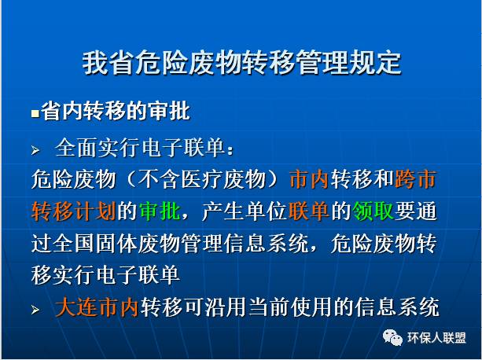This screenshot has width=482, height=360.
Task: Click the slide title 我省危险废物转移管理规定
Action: pyautogui.click(x=242, y=63)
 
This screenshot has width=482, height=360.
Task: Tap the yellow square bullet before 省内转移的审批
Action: pyautogui.click(x=35, y=114)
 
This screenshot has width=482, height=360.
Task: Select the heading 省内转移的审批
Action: pyautogui.click(x=116, y=111)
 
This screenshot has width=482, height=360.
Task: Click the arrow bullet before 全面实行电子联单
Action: pyautogui.click(x=35, y=150)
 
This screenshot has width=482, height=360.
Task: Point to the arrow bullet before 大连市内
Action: pyautogui.click(x=35, y=310)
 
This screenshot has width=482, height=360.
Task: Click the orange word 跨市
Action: pyautogui.click(x=416, y=179)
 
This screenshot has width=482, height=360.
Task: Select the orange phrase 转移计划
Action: pyautogui.click(x=73, y=211)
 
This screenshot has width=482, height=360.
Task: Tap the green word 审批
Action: pyautogui.click(x=160, y=211)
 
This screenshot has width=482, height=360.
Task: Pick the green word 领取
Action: pyautogui.click(x=373, y=211)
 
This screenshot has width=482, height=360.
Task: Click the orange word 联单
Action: pyautogui.click(x=309, y=211)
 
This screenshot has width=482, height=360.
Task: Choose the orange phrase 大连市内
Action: pyautogui.click(x=97, y=307)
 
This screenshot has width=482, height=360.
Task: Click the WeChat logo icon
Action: pyautogui.click(x=392, y=337)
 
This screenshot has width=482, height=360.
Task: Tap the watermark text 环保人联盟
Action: pyautogui.click(x=436, y=338)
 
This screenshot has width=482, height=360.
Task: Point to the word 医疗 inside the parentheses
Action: pyautogui.click(x=201, y=179)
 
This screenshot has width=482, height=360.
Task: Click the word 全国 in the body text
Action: pyautogui.click(x=73, y=244)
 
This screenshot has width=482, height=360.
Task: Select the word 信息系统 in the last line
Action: pyautogui.click(x=396, y=307)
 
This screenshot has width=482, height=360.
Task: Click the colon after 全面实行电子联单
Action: pyautogui.click(x=230, y=150)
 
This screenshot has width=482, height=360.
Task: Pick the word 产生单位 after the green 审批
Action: pyautogui.click(x=245, y=211)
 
